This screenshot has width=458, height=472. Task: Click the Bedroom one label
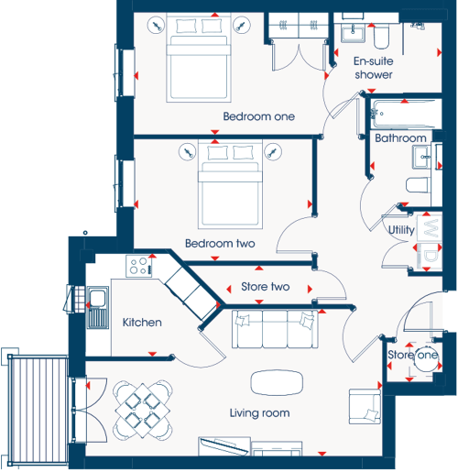pos(259,116)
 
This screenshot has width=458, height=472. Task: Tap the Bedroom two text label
pos(220,244)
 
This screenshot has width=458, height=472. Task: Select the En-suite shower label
pos(374,68)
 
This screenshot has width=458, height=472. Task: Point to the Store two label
pos(266,287)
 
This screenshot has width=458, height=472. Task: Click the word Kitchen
pos(142,323)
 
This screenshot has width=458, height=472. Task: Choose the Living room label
pos(259,413)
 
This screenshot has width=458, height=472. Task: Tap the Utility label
pos(401,230)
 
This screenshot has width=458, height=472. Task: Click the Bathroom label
pos(400,138)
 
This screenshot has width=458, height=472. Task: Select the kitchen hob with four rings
pos(139,266)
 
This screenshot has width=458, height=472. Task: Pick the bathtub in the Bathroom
pos(403,114)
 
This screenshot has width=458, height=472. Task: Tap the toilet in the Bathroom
pos(418,185)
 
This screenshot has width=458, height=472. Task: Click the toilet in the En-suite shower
pos(381,37)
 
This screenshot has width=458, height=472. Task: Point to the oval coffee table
pos(277,382)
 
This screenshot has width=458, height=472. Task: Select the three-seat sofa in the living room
pos(275,329)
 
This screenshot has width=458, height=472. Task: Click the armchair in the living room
pos(365,406)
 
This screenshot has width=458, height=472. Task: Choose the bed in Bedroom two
pos(230,184)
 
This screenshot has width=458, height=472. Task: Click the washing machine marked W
pos(430,227)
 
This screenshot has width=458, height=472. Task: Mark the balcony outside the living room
pos(38,410)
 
